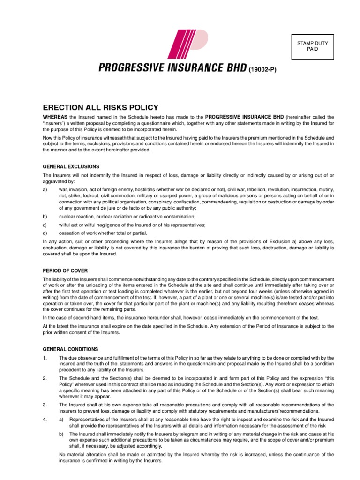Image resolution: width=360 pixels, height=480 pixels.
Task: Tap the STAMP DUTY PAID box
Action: [313, 46]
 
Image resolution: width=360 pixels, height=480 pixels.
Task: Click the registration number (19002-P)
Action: [262, 70]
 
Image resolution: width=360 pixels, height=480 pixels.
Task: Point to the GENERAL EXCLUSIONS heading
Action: [71, 166]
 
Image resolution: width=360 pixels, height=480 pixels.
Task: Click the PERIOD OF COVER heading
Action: [65, 271]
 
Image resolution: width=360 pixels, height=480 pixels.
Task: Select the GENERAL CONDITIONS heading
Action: [70, 349]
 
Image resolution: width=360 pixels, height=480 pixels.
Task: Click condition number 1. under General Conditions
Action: [45, 358]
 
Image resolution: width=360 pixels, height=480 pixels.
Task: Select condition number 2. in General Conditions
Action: [45, 377]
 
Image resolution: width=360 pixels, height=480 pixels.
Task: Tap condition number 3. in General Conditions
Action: [45, 404]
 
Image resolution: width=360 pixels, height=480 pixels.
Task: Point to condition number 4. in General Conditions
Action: [45, 419]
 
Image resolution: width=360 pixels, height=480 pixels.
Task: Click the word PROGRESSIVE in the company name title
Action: [127, 68]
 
